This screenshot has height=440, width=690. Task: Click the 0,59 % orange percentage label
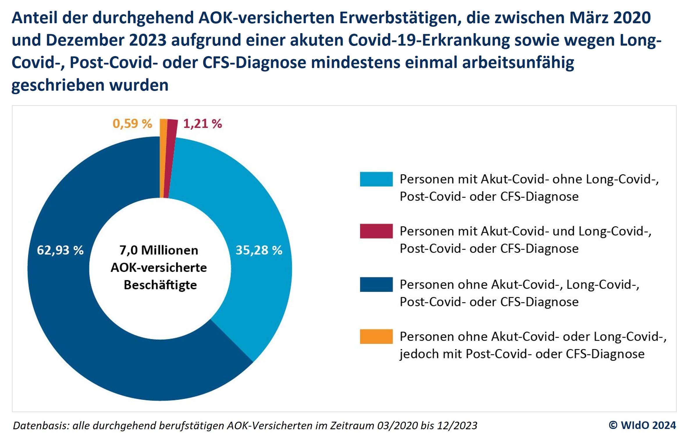[132, 124]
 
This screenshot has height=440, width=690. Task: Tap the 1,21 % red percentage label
[202, 124]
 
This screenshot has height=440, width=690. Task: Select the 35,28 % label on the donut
[259, 250]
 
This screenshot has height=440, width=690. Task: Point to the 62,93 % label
[60, 250]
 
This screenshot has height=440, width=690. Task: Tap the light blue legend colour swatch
[376, 179]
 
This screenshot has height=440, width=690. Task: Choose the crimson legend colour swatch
[376, 231]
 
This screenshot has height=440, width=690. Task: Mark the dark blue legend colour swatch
[376, 284]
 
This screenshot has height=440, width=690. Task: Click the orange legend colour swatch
[376, 336]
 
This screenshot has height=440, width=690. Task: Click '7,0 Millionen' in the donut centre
[159, 250]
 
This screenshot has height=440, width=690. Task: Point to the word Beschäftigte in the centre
[160, 285]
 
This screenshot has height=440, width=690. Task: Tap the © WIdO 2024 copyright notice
[642, 425]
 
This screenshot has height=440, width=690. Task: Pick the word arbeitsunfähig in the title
[518, 62]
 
